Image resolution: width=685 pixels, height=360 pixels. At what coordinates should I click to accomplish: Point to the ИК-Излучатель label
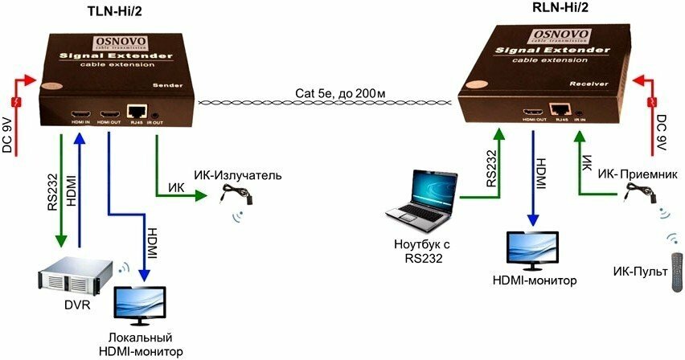point(237,175)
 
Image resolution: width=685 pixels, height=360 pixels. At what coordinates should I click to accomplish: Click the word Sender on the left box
point(169,84)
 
